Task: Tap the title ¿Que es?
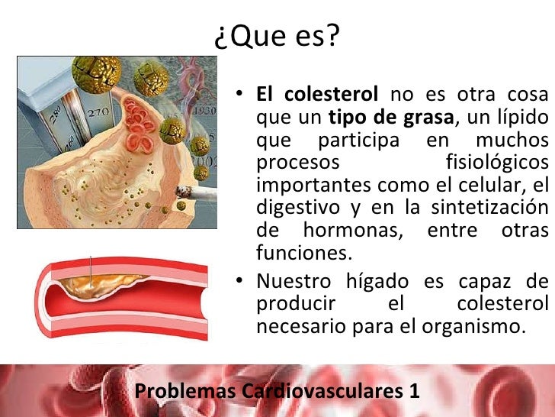click(x=277, y=36)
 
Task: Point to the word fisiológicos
click(x=496, y=163)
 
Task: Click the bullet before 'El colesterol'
click(x=239, y=95)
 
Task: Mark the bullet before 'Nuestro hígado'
click(x=239, y=281)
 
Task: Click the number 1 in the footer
click(x=414, y=391)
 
